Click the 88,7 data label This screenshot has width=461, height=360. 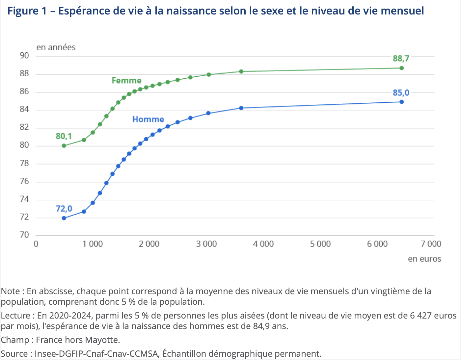401,59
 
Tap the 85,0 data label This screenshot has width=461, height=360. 401,93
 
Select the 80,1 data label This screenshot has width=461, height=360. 64,136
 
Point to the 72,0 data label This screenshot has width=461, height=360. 64,209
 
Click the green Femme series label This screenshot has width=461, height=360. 126,81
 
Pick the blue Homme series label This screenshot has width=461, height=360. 148,119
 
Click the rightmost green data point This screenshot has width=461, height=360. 401,68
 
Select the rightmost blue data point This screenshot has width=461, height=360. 401,102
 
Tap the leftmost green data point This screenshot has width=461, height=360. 64,145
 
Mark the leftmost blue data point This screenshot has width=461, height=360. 64,218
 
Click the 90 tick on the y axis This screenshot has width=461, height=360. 24,56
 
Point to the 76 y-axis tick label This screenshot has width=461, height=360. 24,181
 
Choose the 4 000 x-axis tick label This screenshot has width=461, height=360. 263,244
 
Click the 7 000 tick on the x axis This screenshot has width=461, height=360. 431,244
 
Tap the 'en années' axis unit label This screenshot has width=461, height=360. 56,47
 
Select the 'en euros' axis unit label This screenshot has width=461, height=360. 424,259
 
